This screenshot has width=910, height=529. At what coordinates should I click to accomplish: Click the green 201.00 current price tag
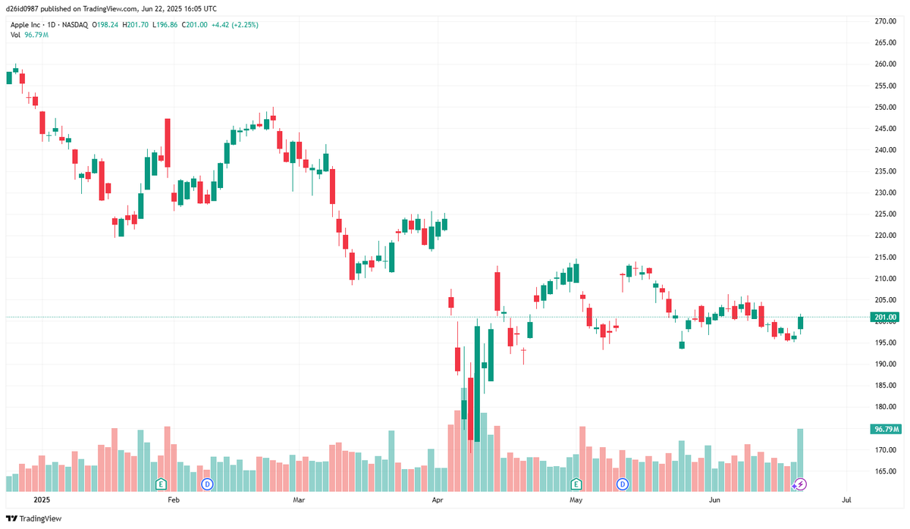point(885,317)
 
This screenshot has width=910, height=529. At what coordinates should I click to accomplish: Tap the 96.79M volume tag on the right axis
point(885,429)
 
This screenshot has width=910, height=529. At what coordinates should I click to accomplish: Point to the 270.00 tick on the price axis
point(885,21)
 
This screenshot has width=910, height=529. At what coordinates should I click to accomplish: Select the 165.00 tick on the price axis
point(885,471)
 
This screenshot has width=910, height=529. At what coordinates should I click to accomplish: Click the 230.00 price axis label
point(885,193)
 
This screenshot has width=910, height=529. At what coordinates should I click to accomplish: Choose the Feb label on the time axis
point(174,500)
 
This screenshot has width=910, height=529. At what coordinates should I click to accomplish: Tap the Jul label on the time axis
point(846,500)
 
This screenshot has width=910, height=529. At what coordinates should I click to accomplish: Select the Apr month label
point(437,500)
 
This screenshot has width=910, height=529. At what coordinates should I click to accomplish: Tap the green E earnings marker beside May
point(576,484)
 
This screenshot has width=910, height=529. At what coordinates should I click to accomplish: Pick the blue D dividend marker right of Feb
point(206,484)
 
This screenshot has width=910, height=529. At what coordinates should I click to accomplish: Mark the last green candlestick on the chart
point(800,323)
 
